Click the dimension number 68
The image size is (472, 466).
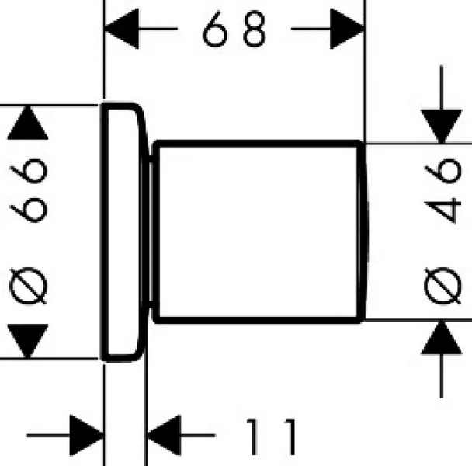coord(234,29)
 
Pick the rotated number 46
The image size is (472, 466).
coord(442,191)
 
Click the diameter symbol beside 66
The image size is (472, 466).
coord(28,286)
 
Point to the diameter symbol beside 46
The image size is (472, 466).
coord(442,286)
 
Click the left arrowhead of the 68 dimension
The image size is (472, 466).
coord(121,29)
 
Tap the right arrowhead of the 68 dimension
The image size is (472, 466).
coord(347,29)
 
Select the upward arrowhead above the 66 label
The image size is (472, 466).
coord(28,123)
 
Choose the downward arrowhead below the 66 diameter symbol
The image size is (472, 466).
coord(28,341)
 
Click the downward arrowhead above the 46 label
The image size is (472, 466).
coord(441,127)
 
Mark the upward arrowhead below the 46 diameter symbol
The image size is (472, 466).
coord(441,337)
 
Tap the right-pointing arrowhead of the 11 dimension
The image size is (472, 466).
coord(87,435)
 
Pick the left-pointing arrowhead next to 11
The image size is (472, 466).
coord(164,435)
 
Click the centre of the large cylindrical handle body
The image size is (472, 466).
coord(259,231)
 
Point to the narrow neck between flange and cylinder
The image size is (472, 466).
coord(150,231)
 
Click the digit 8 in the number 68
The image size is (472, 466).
coord(255,29)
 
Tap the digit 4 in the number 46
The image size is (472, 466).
coord(442,210)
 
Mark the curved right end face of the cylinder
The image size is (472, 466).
coord(363,231)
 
